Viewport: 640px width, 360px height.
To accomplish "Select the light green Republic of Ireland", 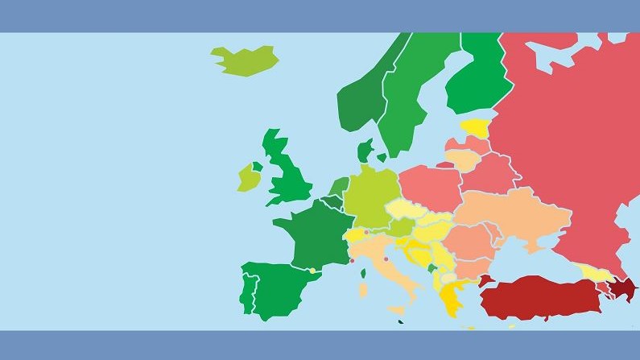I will pyautogui.click(x=247, y=178).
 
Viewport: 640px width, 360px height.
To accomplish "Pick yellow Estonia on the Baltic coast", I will pyautogui.click(x=475, y=127).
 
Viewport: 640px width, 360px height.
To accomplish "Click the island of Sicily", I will pyautogui.click(x=398, y=310).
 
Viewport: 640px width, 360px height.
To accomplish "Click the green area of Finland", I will pyautogui.click(x=479, y=81).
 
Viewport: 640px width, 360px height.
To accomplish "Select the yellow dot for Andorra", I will pyautogui.click(x=312, y=271).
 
